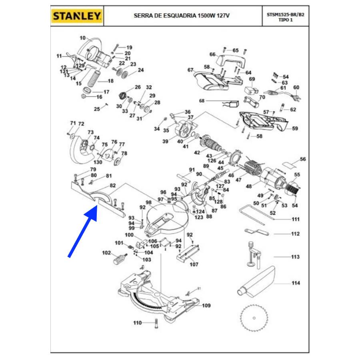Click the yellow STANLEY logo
(77, 16)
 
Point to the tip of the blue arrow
(97, 207)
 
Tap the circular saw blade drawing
(254, 318)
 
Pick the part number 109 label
(206, 306)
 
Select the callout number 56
(303, 159)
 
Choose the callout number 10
(83, 38)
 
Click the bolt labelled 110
(155, 323)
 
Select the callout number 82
(113, 186)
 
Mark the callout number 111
(296, 219)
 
